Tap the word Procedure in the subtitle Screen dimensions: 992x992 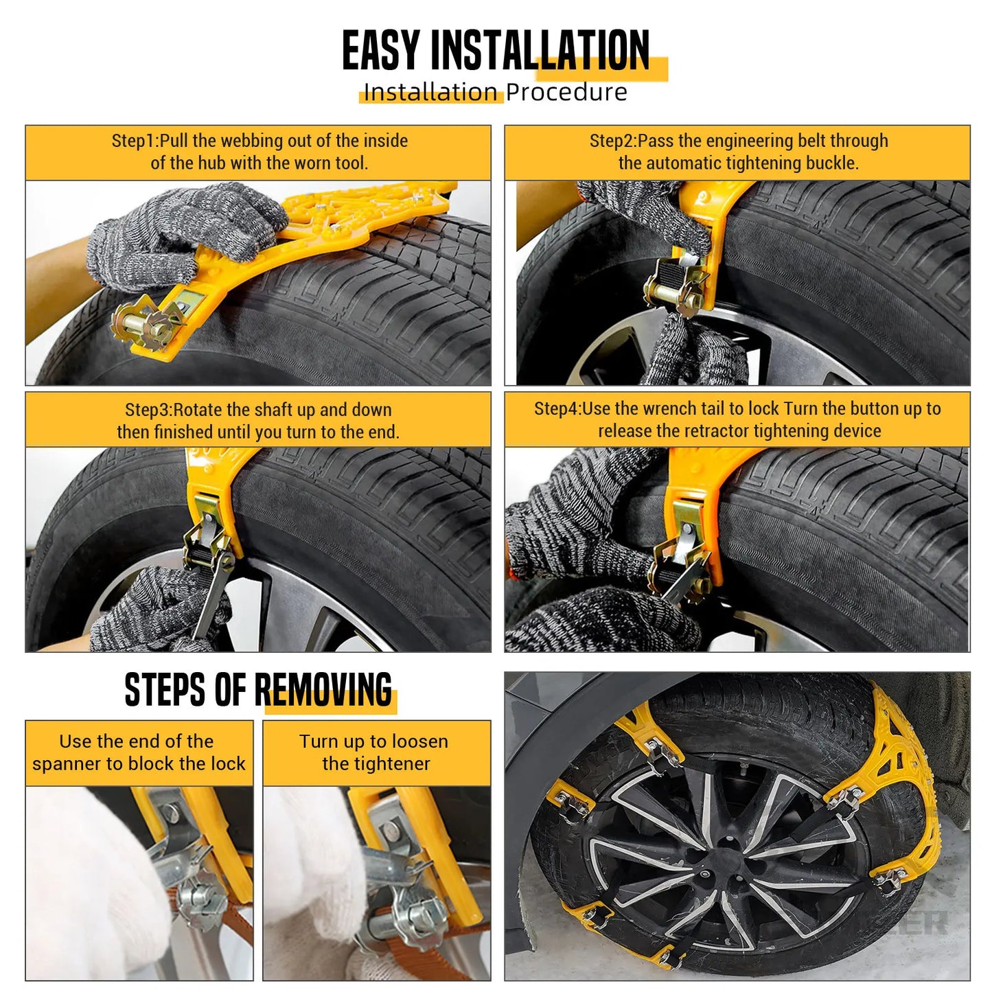(566, 93)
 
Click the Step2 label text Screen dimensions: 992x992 (613, 141)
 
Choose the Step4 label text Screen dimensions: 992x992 (557, 408)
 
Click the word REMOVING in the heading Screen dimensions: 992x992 (323, 690)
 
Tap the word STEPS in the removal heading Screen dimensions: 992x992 (165, 690)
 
